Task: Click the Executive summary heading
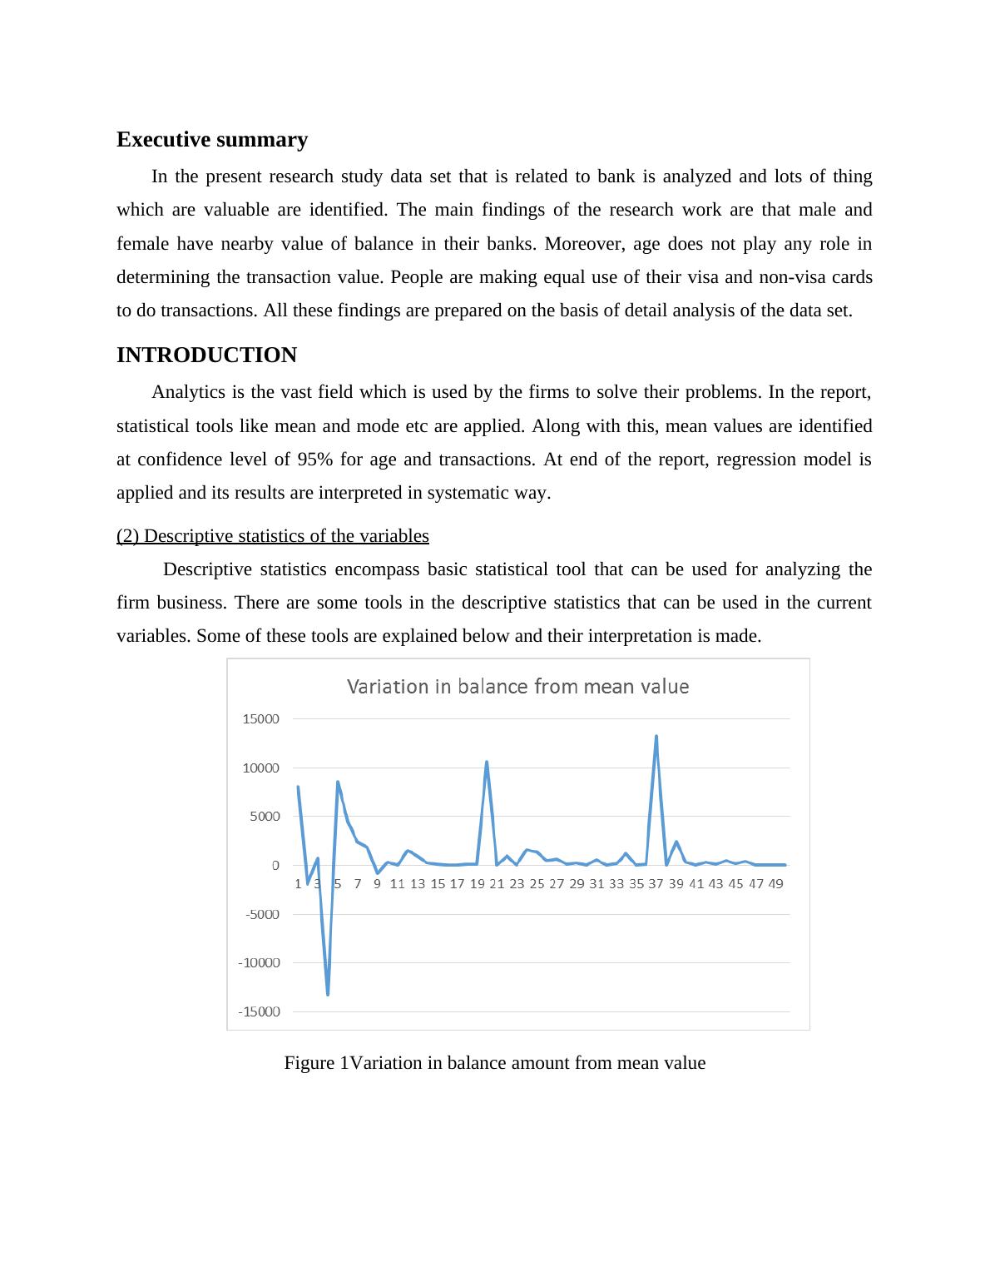[211, 140]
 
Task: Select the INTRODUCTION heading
[206, 355]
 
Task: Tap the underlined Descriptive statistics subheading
[272, 536]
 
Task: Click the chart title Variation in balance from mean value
[517, 687]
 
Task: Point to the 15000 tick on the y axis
[260, 719]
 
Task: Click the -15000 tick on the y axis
[259, 1012]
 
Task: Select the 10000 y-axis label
[260, 768]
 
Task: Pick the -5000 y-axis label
[262, 914]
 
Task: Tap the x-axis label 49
[775, 884]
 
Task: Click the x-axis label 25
[537, 884]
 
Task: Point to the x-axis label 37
[656, 884]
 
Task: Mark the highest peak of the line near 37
[656, 737]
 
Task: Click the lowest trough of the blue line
[328, 994]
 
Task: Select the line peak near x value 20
[487, 762]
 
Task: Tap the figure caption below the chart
[494, 1063]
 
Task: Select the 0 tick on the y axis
[275, 866]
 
